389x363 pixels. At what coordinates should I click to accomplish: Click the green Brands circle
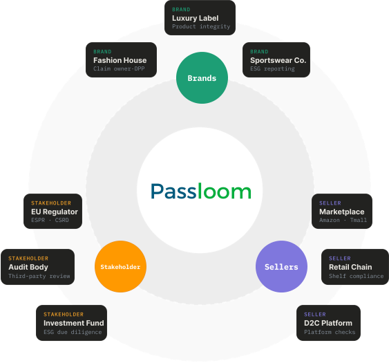click(202, 78)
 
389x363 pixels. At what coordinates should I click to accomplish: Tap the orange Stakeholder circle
click(120, 267)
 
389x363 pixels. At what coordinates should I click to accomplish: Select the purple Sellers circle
click(281, 267)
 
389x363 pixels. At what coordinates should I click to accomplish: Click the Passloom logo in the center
click(202, 191)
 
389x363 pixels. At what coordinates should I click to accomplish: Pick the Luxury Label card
click(200, 19)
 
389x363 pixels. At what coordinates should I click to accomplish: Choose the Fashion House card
click(120, 60)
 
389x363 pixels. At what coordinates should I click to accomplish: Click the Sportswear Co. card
click(276, 60)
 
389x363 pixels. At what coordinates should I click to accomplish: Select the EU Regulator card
click(54, 211)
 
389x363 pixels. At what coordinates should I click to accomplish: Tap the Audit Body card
click(37, 267)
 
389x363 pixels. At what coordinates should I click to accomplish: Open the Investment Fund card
click(72, 323)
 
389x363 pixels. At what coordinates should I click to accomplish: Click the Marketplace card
click(342, 211)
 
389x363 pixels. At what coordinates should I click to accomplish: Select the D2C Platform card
click(328, 323)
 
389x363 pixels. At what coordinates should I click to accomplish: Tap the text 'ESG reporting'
click(272, 69)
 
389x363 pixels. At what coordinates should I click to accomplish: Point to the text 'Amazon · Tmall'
click(343, 221)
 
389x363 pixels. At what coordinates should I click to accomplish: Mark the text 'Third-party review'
click(39, 277)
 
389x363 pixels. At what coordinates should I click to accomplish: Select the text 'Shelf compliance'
click(356, 277)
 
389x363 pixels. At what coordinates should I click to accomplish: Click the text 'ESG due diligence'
click(73, 333)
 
